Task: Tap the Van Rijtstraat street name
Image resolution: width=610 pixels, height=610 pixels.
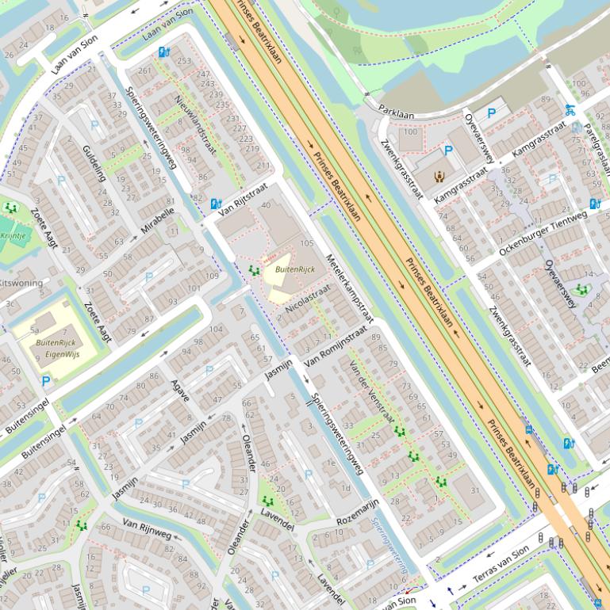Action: pyautogui.click(x=242, y=203)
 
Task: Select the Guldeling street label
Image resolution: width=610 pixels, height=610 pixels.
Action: pyautogui.click(x=94, y=163)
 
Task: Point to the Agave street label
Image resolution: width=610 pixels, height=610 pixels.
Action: pyautogui.click(x=180, y=390)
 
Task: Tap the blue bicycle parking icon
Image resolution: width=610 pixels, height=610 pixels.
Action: pyautogui.click(x=569, y=109)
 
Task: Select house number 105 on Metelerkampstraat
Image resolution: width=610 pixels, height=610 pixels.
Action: pyautogui.click(x=307, y=243)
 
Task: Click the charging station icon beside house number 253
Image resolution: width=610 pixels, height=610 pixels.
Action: pyautogui.click(x=163, y=52)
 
